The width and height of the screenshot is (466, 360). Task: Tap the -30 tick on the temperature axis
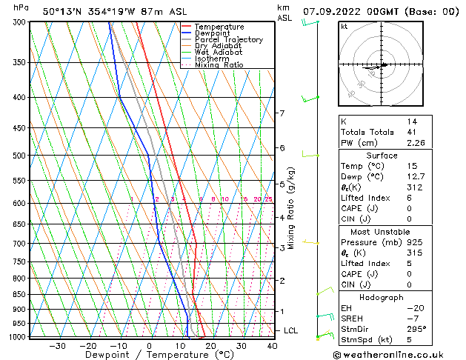(57, 346)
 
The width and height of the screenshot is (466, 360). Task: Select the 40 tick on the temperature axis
(272, 346)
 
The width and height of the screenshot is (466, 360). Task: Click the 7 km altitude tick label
(282, 113)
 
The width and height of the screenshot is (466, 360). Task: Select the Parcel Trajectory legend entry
(228, 40)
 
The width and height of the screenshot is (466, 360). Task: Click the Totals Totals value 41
(411, 132)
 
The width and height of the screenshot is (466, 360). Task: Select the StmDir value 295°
(418, 329)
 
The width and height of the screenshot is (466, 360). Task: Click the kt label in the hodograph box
(344, 26)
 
